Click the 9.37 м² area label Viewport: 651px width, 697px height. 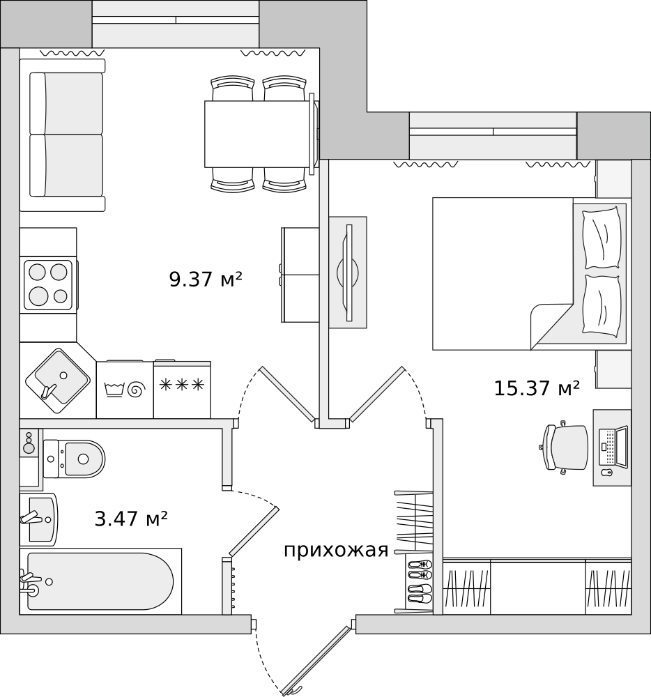(x=206, y=279)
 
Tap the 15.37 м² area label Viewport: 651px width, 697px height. (x=537, y=388)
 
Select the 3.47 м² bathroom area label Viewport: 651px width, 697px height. (x=131, y=519)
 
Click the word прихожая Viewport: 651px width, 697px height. (x=336, y=551)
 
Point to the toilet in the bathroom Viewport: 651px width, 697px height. (x=74, y=459)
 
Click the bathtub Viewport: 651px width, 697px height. (x=100, y=581)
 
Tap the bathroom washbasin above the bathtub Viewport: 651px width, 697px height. (x=39, y=519)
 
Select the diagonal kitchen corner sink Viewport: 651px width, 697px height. (x=58, y=381)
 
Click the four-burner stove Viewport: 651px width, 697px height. (x=48, y=285)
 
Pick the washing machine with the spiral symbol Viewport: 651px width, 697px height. (x=125, y=390)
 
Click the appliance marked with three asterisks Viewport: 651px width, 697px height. (x=182, y=390)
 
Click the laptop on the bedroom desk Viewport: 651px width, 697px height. (x=613, y=446)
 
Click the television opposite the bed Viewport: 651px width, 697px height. (x=348, y=273)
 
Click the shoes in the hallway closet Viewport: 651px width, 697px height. (x=420, y=581)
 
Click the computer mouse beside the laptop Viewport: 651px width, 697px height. (x=606, y=473)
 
